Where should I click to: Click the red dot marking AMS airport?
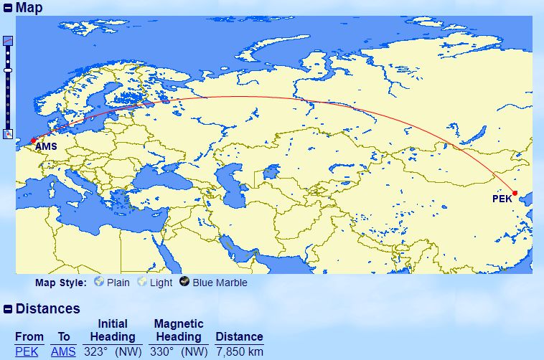[x=33, y=141]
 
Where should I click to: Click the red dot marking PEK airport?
[x=515, y=193]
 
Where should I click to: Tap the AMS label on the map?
[x=45, y=148]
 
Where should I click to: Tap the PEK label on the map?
[x=502, y=199]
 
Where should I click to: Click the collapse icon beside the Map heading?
[x=8, y=9]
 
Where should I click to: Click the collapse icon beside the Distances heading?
[x=8, y=309]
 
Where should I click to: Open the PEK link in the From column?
[x=27, y=351]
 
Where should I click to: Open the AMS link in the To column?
[x=63, y=351]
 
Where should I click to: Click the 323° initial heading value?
[x=96, y=351]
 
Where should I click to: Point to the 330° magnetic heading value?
[x=163, y=351]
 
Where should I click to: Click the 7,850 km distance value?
[x=239, y=351]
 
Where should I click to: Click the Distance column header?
[x=239, y=336]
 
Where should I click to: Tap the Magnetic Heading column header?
[x=179, y=330]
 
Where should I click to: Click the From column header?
[x=29, y=336]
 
